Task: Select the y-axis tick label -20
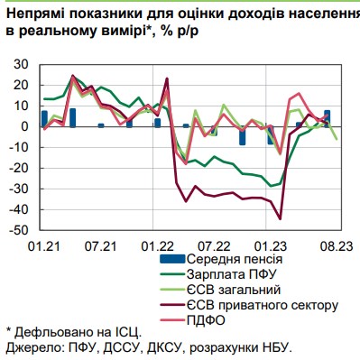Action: (17, 169)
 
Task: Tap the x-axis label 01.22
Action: (158, 245)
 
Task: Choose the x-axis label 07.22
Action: (215, 245)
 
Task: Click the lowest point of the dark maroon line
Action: (281, 218)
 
